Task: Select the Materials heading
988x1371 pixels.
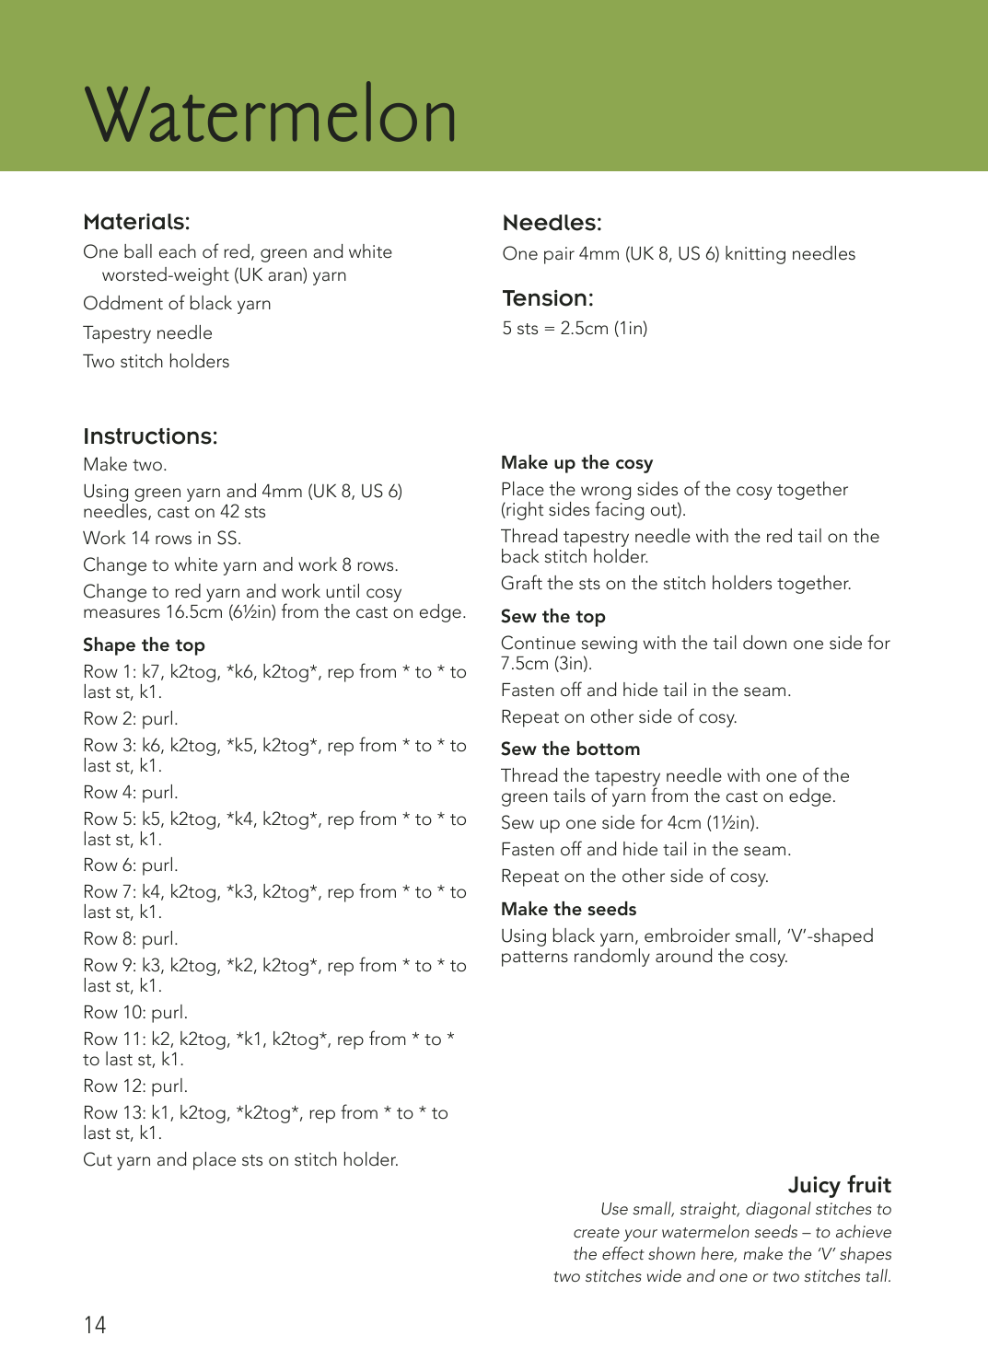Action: pyautogui.click(x=136, y=222)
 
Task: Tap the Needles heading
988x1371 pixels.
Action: pyautogui.click(x=552, y=223)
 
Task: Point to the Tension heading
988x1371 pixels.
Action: pyautogui.click(x=548, y=298)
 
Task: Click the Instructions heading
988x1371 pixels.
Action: pyautogui.click(x=150, y=436)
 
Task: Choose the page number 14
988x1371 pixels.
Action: pyautogui.click(x=95, y=1325)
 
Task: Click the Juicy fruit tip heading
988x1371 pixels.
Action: pyautogui.click(x=839, y=1185)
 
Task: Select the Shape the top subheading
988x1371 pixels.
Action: pyautogui.click(x=144, y=645)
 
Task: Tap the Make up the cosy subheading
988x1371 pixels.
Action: pyautogui.click(x=576, y=463)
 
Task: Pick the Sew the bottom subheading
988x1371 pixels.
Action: pyautogui.click(x=570, y=749)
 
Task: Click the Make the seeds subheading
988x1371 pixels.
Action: pyautogui.click(x=568, y=910)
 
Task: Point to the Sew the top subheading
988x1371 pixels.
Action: pyautogui.click(x=552, y=617)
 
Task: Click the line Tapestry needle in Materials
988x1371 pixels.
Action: pyautogui.click(x=147, y=333)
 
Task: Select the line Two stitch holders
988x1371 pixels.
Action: pyautogui.click(x=156, y=362)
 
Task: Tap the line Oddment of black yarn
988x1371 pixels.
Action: pyautogui.click(x=177, y=304)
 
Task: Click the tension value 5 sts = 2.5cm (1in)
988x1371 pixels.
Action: pyautogui.click(x=575, y=329)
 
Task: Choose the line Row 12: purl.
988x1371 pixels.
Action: pyautogui.click(x=135, y=1086)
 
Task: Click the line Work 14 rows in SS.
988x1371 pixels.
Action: pyautogui.click(x=162, y=539)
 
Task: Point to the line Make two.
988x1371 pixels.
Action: pyautogui.click(x=124, y=465)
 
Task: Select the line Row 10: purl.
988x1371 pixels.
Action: pyautogui.click(x=135, y=1013)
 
